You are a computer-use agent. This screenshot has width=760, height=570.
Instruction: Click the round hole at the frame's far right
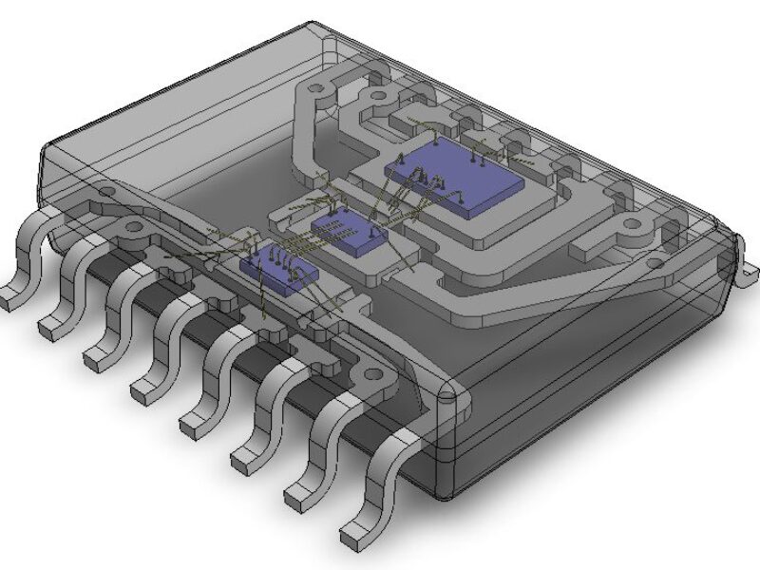coord(633,226)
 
